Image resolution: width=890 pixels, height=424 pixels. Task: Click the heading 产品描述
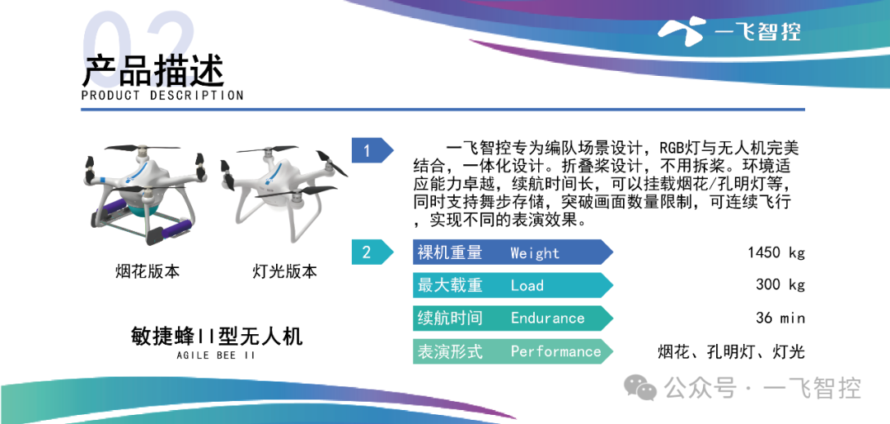153,70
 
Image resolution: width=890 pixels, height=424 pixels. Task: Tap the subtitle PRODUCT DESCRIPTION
162,96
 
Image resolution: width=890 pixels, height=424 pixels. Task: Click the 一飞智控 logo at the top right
728,29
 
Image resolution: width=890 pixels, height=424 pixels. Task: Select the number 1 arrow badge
372,151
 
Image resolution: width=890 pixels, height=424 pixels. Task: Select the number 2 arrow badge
372,252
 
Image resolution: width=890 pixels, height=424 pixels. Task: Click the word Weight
535,253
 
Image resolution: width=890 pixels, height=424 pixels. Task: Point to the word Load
527,285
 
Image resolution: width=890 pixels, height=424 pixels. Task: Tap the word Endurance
548,318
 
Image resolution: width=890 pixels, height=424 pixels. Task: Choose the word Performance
555,351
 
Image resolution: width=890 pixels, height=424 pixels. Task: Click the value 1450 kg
776,253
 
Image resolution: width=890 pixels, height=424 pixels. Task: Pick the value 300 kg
780,285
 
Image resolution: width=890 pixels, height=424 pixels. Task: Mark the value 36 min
780,318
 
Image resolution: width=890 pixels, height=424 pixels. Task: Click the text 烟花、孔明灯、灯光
731,351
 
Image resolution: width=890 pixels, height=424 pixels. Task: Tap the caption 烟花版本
147,271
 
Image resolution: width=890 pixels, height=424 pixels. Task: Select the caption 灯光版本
284,271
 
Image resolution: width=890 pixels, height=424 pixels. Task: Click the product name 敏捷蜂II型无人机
216,337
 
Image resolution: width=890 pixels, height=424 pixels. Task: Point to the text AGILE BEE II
216,356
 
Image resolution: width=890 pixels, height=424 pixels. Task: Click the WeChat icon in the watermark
641,388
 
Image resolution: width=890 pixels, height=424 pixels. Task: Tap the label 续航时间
450,318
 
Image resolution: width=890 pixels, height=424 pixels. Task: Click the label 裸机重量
450,253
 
